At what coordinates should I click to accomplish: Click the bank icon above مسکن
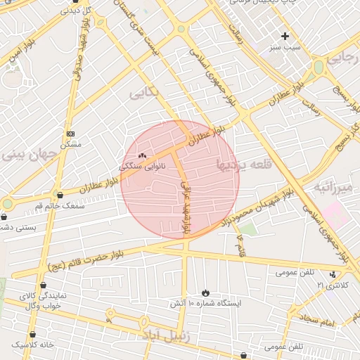70,134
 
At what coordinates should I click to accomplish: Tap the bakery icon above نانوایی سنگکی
142,155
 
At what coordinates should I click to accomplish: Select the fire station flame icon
205,292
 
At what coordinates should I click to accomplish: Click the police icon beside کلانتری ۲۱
333,274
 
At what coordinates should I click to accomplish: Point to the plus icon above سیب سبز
285,36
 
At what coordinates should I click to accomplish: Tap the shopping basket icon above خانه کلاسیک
32,335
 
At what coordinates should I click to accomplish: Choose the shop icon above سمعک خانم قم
60,194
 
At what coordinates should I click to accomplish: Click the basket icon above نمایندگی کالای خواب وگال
44,285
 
